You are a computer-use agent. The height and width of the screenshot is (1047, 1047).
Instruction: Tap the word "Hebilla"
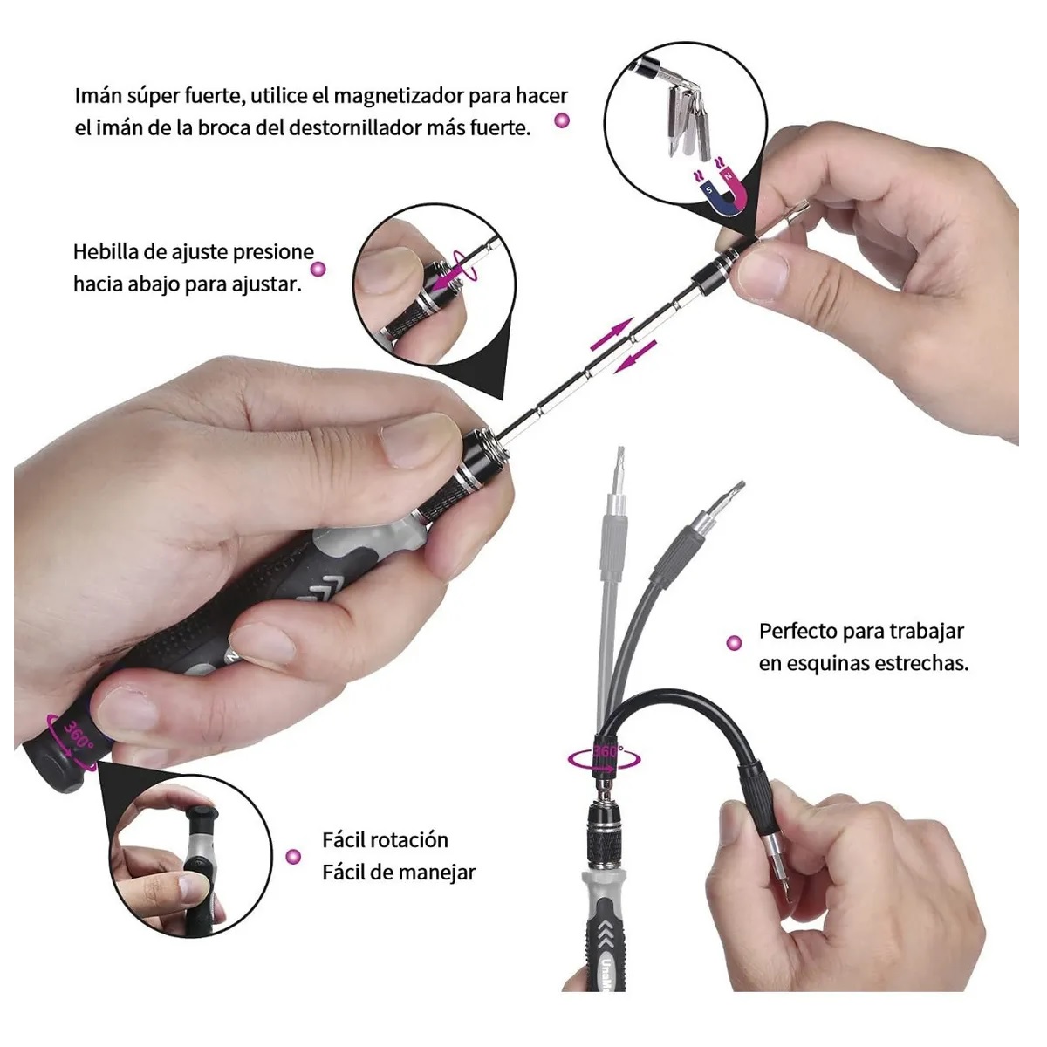[105, 252]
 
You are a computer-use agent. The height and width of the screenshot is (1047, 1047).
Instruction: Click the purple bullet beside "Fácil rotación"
[293, 857]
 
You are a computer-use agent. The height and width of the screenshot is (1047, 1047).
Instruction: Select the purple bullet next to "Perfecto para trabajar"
[734, 643]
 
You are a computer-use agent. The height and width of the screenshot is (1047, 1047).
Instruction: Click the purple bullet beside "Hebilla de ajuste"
[318, 269]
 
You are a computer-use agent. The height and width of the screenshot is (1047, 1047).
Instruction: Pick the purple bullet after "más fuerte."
[563, 120]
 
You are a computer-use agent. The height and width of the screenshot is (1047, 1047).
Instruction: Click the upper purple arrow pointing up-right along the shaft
[612, 334]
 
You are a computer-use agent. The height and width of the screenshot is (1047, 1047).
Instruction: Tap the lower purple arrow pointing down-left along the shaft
[635, 357]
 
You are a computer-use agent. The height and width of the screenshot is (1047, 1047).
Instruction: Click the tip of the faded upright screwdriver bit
[620, 448]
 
